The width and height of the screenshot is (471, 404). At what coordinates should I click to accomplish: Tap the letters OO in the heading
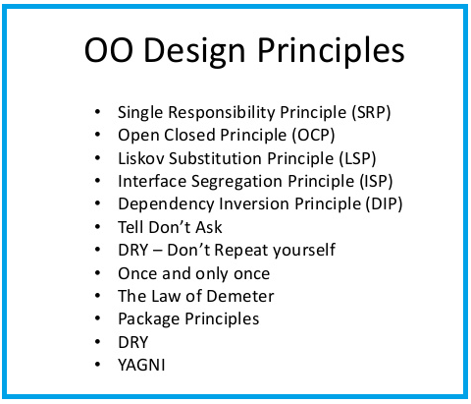[x=106, y=52]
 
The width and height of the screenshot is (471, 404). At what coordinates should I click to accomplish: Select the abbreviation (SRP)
[x=368, y=112]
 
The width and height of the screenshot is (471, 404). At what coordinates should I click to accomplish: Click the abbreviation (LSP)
[x=353, y=157]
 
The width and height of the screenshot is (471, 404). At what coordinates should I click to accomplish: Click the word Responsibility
[x=220, y=112]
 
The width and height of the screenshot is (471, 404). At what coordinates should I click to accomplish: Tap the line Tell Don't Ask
[x=170, y=227]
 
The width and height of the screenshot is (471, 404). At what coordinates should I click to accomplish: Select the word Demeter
[x=238, y=296]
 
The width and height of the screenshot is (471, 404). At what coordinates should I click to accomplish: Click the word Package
[x=149, y=318]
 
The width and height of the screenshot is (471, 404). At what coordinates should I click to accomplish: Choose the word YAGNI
[x=143, y=365]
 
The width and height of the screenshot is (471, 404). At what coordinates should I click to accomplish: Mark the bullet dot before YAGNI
[x=97, y=365]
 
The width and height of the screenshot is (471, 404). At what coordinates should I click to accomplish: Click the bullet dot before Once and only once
[x=97, y=273]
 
